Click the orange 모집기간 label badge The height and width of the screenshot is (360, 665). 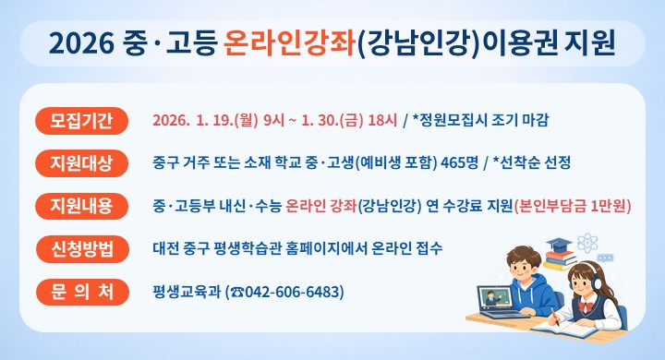coord(81,120)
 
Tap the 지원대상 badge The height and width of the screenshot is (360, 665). coord(81,163)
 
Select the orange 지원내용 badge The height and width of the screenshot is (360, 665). coord(81,206)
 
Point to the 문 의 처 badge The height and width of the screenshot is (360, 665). coord(81,293)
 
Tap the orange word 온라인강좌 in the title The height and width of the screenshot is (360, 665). coord(289,43)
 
